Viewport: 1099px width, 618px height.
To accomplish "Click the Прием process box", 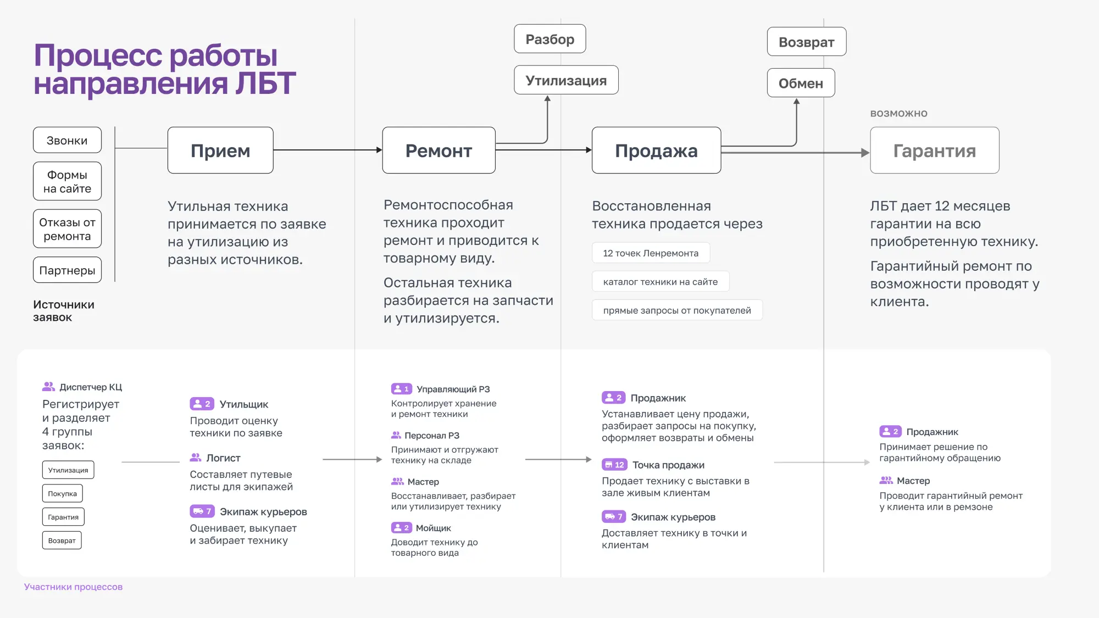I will (x=220, y=151).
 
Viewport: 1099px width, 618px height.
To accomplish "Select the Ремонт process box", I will (x=439, y=151).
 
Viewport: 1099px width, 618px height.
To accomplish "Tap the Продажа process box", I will (x=656, y=151).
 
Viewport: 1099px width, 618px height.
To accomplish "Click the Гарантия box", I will (x=934, y=151).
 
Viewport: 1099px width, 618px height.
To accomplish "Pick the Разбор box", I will (x=549, y=39).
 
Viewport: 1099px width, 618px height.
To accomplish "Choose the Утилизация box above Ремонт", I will (x=566, y=80).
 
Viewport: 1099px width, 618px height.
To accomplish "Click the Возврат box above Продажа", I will (x=806, y=42).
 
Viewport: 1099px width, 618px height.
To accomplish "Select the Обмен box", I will (x=801, y=83).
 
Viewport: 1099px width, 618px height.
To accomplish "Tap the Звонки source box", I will (x=67, y=140).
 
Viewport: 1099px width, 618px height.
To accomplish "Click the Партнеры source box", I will (x=67, y=270).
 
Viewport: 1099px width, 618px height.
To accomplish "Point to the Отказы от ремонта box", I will (x=67, y=229).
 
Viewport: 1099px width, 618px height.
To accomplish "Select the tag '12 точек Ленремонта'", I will (x=651, y=253).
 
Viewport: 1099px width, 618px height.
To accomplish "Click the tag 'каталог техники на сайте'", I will (x=660, y=282).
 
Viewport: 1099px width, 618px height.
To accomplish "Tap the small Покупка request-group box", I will (x=62, y=493).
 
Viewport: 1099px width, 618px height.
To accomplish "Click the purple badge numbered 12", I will (x=614, y=465).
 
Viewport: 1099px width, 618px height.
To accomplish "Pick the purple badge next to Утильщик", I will (x=202, y=404).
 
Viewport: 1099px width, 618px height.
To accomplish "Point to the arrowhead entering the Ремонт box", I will (x=379, y=150).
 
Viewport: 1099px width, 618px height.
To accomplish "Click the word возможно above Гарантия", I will (x=898, y=114).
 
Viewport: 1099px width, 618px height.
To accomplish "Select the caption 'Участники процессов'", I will (x=73, y=587).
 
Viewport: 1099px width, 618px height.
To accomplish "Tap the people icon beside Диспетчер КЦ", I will (x=48, y=387).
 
